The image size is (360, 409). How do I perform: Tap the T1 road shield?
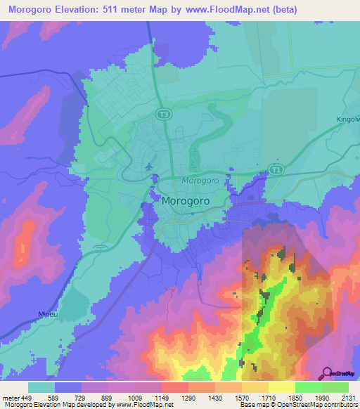(x=274, y=168)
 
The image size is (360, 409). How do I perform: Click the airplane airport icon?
(x=149, y=167)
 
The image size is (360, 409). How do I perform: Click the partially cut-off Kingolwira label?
(x=347, y=119)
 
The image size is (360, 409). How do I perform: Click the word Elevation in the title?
(x=87, y=10)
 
